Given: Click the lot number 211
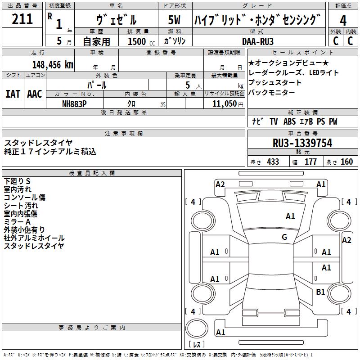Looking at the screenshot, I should coord(22,19).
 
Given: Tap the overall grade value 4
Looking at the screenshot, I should coord(343,20).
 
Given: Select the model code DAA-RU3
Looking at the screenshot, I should coord(258,41).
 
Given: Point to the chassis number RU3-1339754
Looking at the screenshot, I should coord(302,143).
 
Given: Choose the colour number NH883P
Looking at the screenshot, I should coord(74,103).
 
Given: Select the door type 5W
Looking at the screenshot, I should coord(174,20).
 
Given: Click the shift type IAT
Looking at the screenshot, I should coord(13,94).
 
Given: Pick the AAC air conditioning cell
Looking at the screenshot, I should coord(34,94).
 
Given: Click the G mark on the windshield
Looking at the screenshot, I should coord(284,237).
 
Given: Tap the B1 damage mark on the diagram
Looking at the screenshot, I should coord(320,292).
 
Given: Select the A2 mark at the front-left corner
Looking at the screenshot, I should coord(220,184).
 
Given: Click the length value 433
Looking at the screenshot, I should coord(273,162).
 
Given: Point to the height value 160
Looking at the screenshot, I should coord(346,162).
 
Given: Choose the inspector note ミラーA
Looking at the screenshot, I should coord(17,222).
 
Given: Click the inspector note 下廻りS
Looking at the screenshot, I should coord(17,181).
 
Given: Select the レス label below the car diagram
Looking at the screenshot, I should coord(196,344).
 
